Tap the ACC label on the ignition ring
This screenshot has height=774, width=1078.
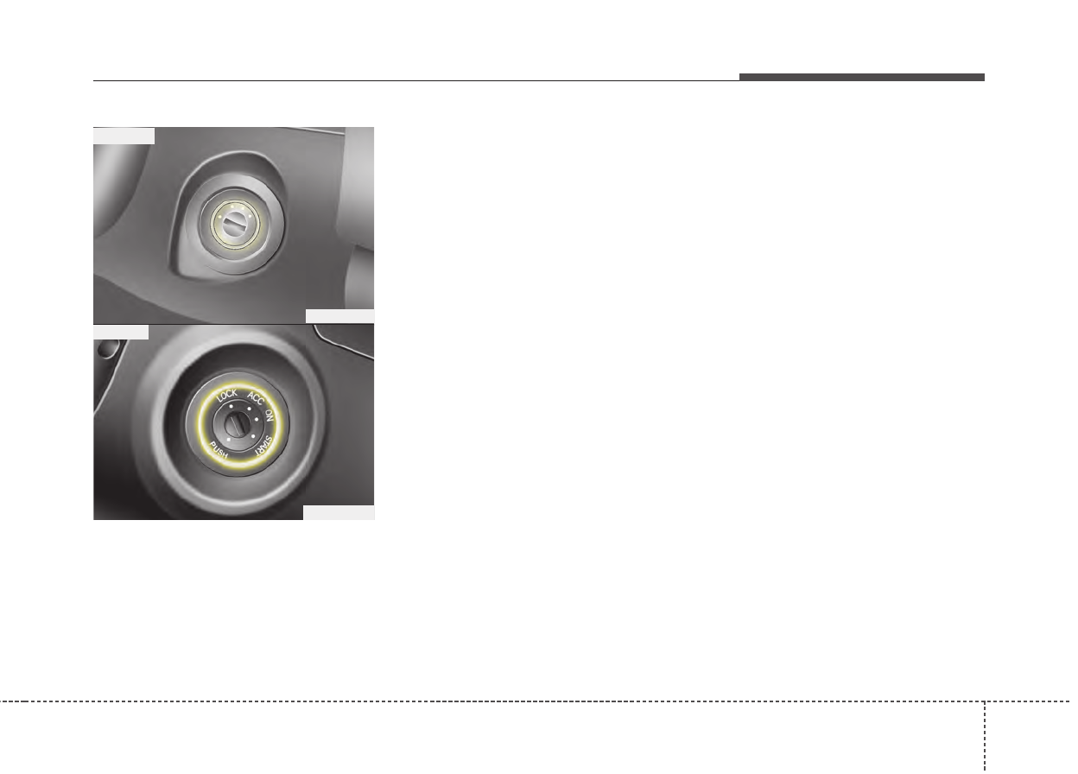tap(256, 398)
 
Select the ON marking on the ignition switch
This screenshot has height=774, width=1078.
tap(269, 416)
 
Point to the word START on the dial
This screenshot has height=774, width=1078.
tap(263, 445)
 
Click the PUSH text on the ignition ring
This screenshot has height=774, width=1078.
tap(219, 450)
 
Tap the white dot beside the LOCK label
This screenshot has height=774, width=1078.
tap(231, 407)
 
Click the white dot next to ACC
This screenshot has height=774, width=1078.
tap(249, 409)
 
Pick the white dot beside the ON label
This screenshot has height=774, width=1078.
tap(257, 419)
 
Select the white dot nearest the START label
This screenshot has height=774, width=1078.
tap(253, 436)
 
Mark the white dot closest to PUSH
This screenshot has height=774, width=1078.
tap(229, 440)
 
